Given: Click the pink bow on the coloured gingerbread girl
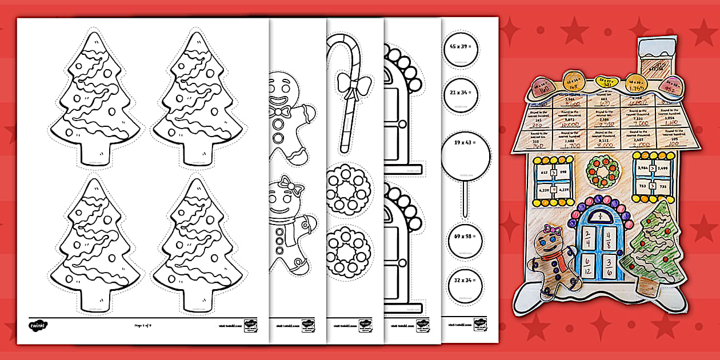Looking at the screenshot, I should tap(550, 230).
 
